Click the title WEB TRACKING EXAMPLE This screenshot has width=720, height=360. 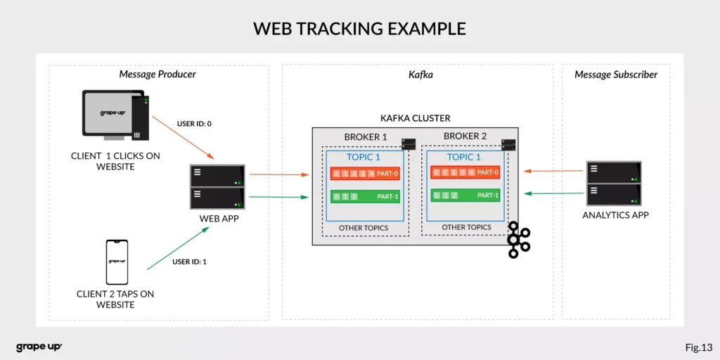(359, 29)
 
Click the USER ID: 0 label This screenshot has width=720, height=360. (194, 124)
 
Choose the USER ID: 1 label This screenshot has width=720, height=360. (189, 262)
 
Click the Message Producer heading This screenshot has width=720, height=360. (157, 75)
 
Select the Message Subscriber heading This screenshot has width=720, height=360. (616, 75)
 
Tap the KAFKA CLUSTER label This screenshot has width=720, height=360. (415, 118)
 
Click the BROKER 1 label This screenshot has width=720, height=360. (366, 136)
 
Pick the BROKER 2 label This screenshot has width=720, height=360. (465, 136)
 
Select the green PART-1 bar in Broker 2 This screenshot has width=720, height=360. (465, 195)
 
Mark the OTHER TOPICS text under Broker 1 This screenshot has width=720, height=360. (364, 228)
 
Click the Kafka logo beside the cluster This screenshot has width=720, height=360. (518, 240)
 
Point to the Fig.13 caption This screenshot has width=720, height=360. (698, 347)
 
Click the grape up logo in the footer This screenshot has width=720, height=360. (39, 347)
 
